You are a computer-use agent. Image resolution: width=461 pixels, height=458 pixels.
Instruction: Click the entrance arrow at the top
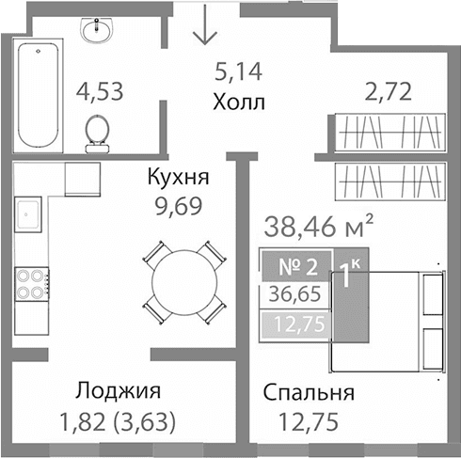coord(204,26)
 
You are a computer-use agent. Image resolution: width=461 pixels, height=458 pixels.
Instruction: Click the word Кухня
coord(177,176)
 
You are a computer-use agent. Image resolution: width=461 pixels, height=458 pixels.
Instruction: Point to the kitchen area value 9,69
coord(177,201)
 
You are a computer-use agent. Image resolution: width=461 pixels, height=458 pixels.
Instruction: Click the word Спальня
coord(309,392)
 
